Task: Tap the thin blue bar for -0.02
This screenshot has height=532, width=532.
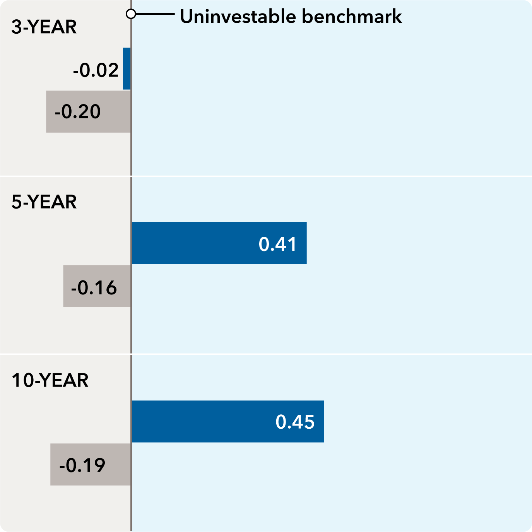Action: tap(127, 68)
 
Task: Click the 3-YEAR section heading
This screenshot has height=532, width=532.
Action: tap(44, 27)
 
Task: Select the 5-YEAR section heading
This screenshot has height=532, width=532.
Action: tap(44, 202)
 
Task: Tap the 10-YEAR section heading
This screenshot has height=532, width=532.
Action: tap(50, 380)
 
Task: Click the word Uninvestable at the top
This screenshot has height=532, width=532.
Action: tap(238, 17)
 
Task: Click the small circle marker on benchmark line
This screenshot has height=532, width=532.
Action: tap(131, 14)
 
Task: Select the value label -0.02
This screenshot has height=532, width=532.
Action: tap(96, 70)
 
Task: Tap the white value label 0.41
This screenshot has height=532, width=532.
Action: tap(277, 244)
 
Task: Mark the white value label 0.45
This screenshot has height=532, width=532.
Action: tap(295, 422)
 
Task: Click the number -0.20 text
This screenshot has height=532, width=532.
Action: tap(77, 112)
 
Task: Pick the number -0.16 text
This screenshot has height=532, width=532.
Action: tap(94, 288)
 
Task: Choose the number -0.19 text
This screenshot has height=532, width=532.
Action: tap(82, 465)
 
